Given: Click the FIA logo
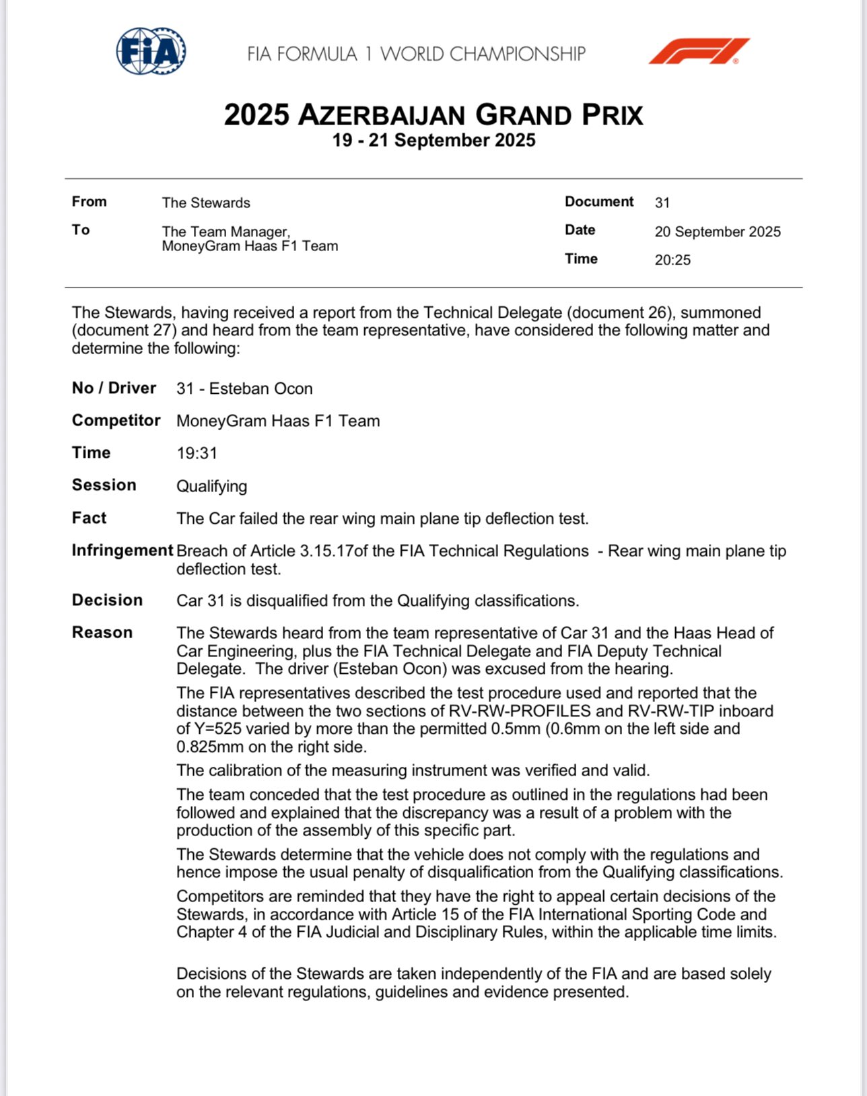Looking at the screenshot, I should pos(151,51).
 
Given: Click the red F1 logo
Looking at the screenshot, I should pos(699,51).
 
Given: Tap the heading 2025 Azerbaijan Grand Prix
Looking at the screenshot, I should pos(433,115).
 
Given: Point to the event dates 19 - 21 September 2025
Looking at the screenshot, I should pos(433,141).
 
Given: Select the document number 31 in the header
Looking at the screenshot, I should pos(662,203).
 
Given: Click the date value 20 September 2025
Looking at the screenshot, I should pos(718,232).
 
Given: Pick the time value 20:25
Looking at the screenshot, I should pos(672,260).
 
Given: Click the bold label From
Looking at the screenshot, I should pos(89,202).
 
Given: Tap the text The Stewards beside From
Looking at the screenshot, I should pos(206,203).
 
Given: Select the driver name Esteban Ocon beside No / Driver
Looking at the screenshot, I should pos(261,388).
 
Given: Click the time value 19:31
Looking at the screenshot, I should pos(197,453).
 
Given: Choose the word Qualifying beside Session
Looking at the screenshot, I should pos(211,486).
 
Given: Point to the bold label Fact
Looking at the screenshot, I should pos(89,518).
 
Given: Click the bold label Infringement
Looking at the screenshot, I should pos(123,550).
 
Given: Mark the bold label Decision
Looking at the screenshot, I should pos(107,600).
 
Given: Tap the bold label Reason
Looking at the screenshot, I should pos(102,632).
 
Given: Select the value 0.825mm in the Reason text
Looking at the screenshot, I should pos(204,747).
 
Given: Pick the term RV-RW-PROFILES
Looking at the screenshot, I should pos(528,711).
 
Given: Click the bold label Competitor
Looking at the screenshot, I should pos(116,420).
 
